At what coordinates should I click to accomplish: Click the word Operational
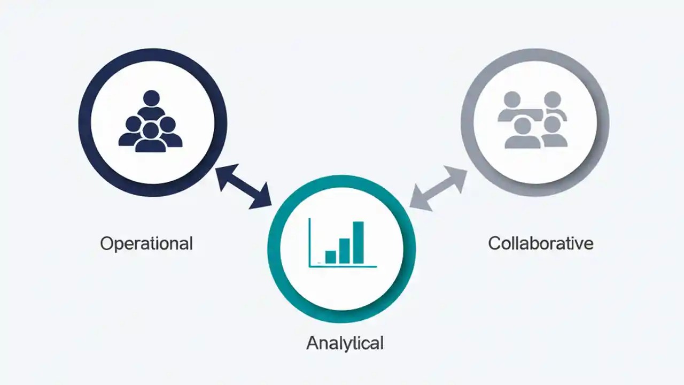point(146,244)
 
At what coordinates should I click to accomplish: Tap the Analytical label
point(345,343)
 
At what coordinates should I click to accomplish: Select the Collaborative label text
point(540,243)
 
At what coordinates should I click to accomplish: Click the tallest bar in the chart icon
point(358,242)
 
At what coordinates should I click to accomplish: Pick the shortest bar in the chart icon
point(331,257)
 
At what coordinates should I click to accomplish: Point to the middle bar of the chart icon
point(345,251)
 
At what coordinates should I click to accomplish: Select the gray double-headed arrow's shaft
point(438,188)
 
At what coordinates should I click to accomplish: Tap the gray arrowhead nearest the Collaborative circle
point(457,175)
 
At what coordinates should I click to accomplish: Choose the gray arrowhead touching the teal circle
point(419,201)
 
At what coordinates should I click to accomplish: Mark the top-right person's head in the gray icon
point(552,99)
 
